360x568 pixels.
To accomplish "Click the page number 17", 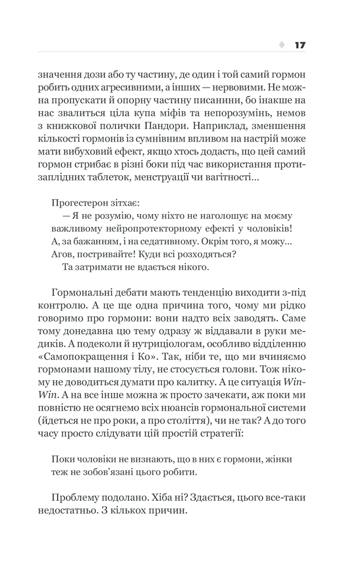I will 301,45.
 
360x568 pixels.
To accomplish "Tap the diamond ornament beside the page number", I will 282,45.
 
